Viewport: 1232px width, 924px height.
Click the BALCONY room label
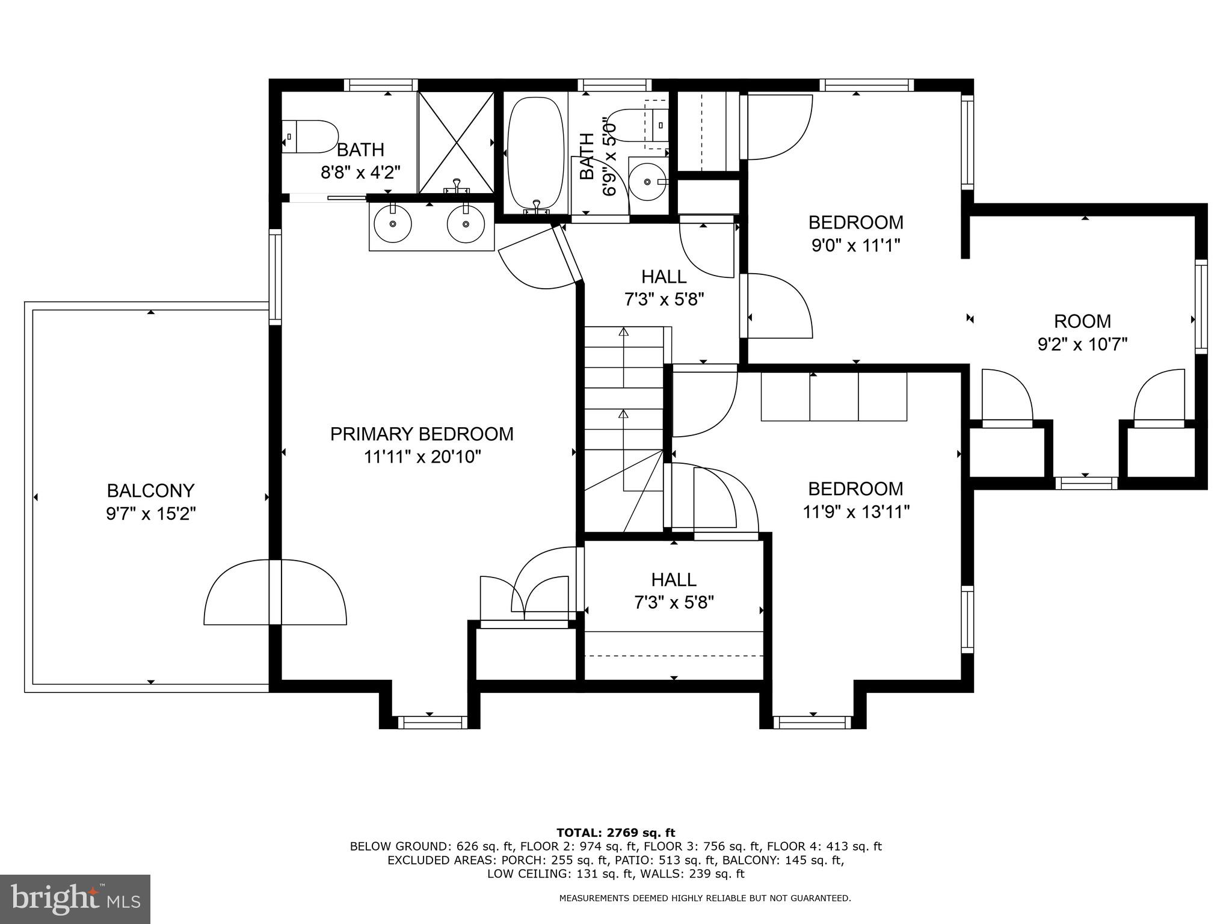[150, 491]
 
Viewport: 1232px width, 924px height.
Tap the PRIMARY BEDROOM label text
[422, 434]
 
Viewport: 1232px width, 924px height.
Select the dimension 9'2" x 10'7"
[1082, 345]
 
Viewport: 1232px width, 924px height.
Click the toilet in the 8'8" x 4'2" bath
[311, 137]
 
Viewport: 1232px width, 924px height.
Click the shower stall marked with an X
[457, 142]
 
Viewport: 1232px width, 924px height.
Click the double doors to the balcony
[275, 593]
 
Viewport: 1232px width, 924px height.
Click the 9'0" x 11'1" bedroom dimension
[855, 246]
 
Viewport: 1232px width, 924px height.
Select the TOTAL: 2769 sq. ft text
[615, 833]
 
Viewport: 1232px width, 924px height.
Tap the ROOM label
[1082, 321]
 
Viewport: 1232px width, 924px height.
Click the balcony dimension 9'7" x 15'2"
[150, 514]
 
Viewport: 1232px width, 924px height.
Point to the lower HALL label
[674, 580]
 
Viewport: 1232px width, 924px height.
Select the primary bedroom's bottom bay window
[432, 722]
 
